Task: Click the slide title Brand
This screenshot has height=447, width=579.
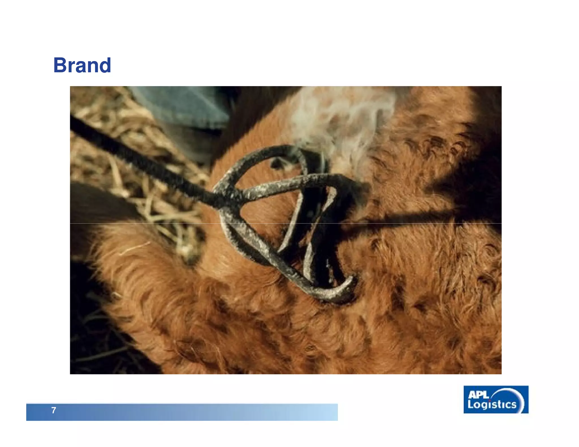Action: tap(82, 65)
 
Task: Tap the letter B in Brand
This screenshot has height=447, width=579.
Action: tap(61, 65)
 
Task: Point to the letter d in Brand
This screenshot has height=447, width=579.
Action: tap(104, 65)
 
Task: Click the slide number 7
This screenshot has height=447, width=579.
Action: tap(54, 410)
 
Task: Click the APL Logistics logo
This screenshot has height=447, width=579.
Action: tap(496, 400)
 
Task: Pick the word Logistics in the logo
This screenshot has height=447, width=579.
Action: tap(492, 405)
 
